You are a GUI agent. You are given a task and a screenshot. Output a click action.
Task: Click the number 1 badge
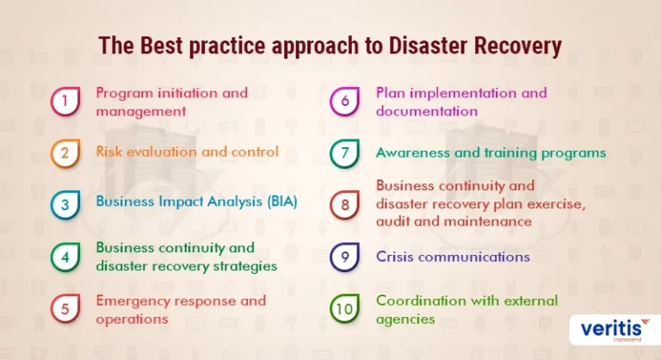[x=65, y=102]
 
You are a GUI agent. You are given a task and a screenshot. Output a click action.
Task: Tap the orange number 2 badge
[x=65, y=152]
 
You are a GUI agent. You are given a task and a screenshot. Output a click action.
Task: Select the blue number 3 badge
[x=65, y=205]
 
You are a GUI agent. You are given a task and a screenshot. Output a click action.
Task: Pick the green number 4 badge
[x=65, y=257]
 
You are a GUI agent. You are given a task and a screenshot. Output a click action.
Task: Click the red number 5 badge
[x=65, y=308]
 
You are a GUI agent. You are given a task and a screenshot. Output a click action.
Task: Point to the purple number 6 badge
[x=345, y=102]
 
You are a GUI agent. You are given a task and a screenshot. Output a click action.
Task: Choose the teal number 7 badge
[x=345, y=153]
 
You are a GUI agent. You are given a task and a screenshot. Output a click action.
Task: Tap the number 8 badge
[x=345, y=205]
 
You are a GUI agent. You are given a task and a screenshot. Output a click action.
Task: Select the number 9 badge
[x=345, y=257]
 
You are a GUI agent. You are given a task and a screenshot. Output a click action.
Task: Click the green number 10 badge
[x=345, y=308]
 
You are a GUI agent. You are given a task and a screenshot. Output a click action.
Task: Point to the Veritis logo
[x=615, y=329]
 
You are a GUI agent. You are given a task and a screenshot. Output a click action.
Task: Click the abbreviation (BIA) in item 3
[x=282, y=202]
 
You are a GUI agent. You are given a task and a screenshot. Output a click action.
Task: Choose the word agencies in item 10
[x=405, y=320]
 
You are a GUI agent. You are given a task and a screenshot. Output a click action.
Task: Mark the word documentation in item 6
[x=427, y=111]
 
